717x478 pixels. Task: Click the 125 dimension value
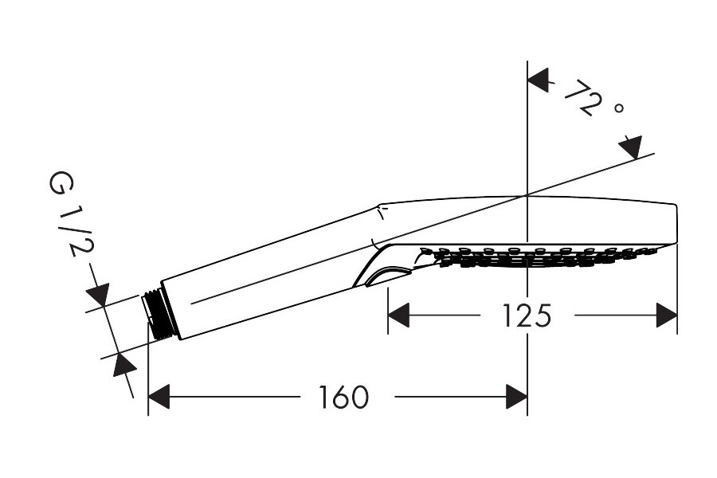point(527,315)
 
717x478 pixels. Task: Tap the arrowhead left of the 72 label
point(539,80)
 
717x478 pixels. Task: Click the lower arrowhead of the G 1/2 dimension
point(123,366)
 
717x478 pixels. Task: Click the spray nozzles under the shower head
point(534,256)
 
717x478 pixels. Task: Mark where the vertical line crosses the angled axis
point(527,195)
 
